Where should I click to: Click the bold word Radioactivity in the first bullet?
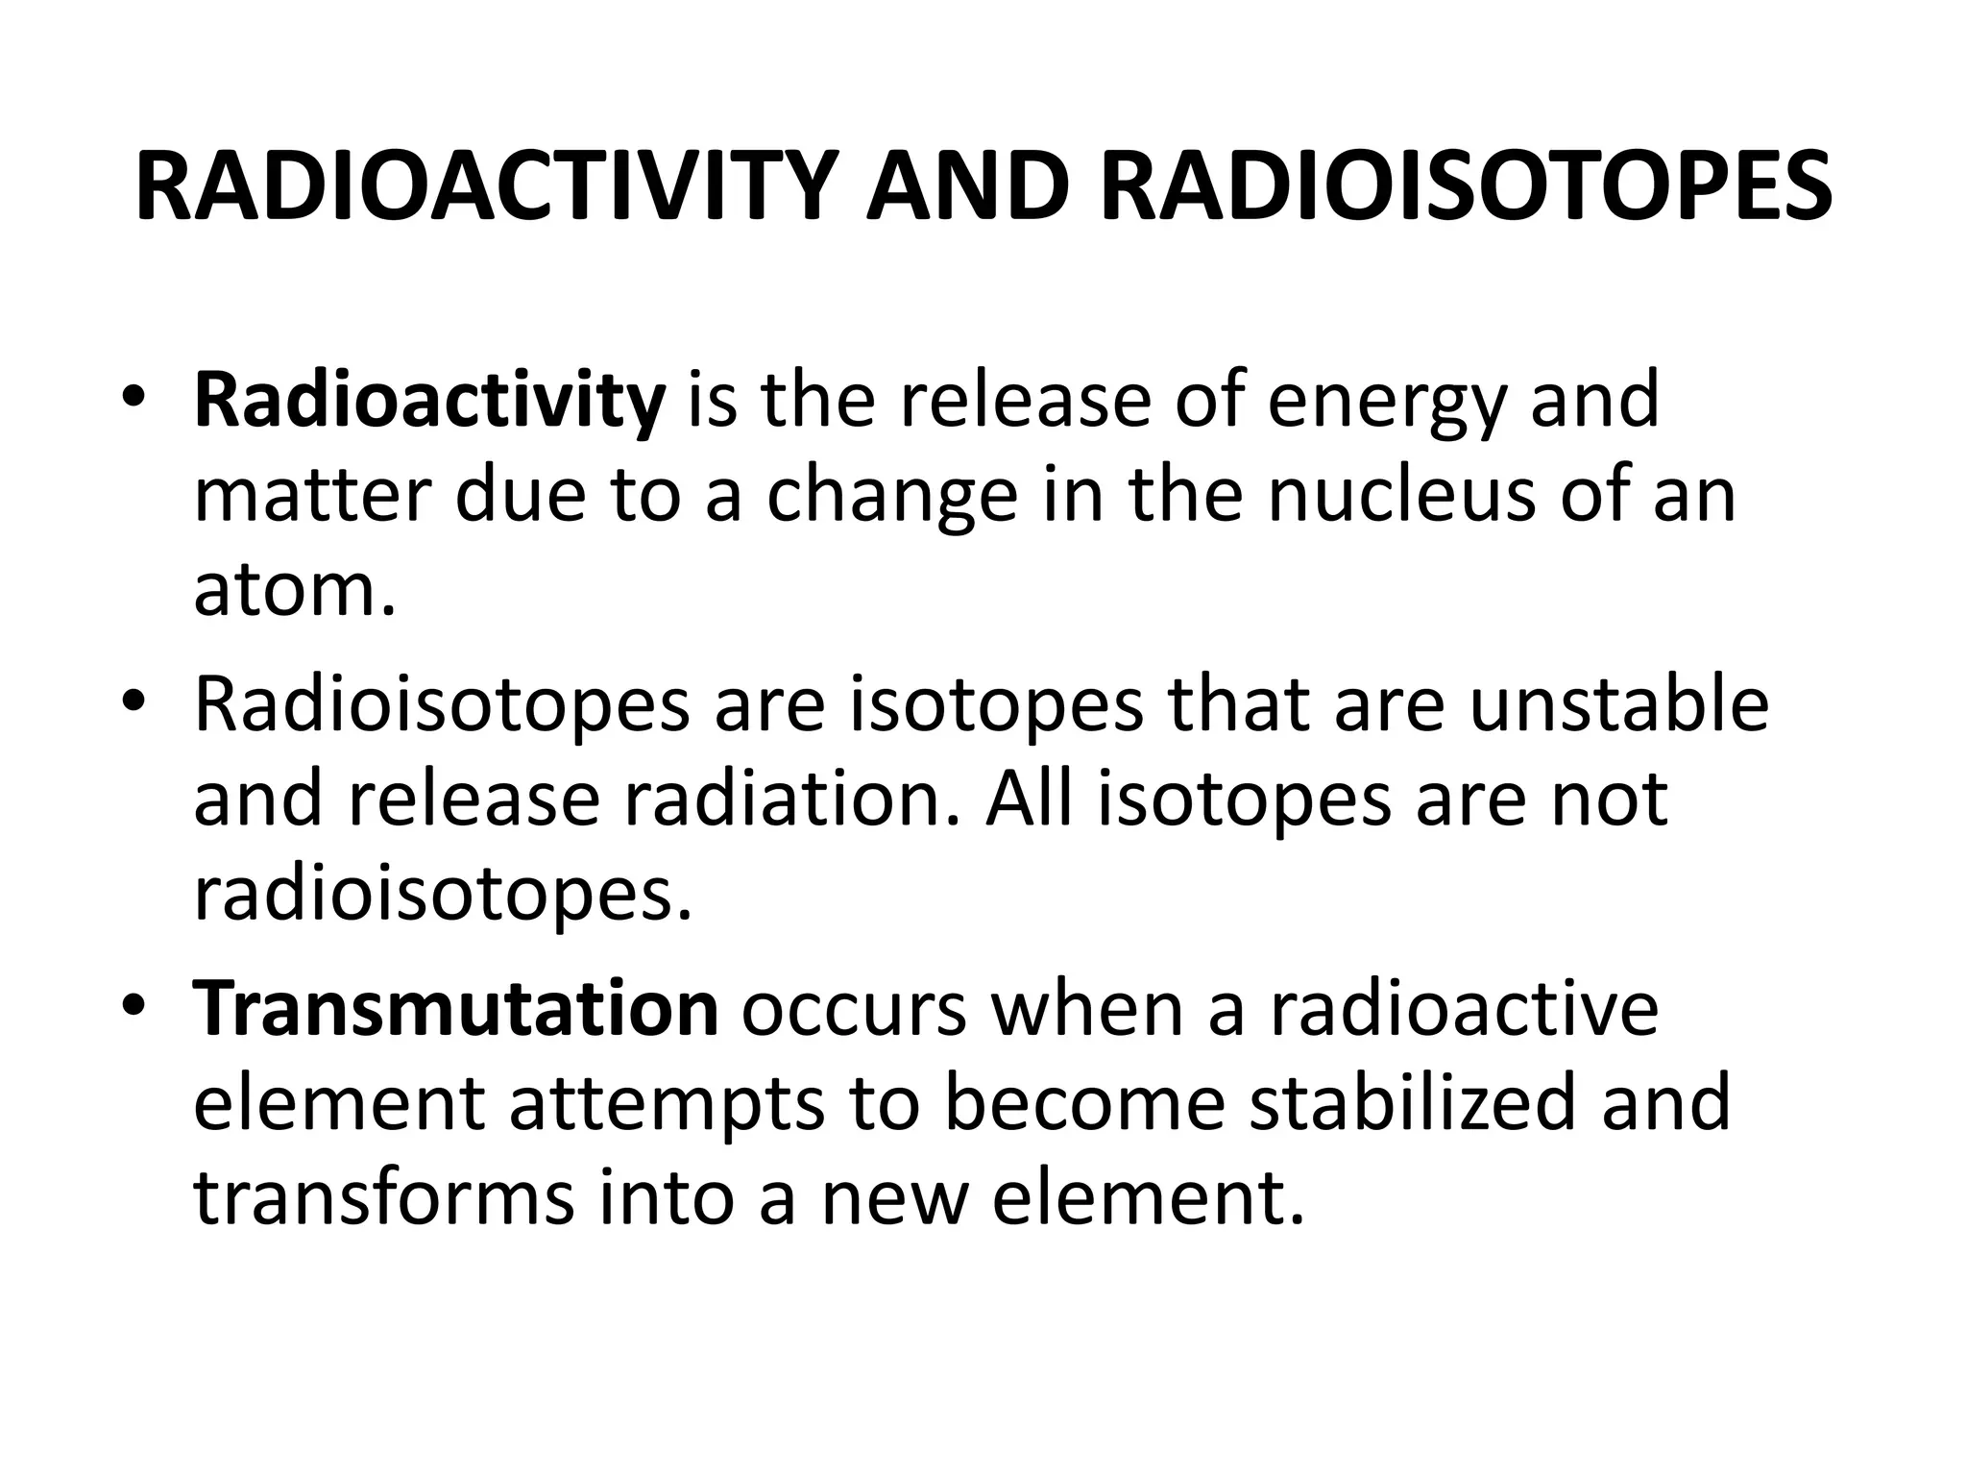pos(429,400)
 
